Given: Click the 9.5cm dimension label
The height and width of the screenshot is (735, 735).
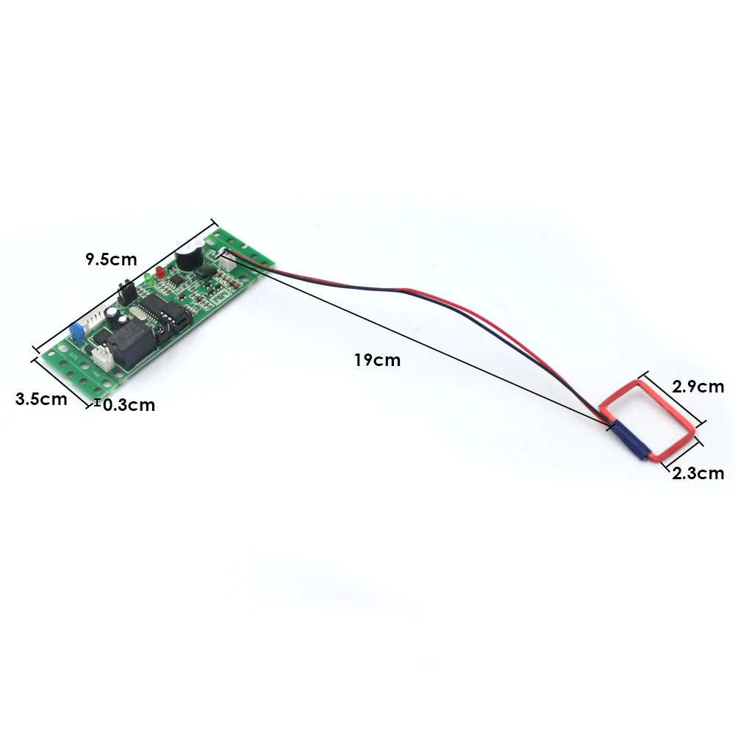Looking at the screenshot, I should click(111, 259).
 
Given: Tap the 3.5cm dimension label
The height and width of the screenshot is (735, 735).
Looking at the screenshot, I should click(41, 399).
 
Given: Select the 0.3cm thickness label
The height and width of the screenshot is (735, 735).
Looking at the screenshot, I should click(129, 404).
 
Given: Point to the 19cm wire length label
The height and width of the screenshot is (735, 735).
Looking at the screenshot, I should click(377, 360).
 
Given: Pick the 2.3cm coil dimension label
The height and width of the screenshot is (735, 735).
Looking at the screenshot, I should click(698, 473).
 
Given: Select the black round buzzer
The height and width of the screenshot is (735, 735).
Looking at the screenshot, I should click(187, 257).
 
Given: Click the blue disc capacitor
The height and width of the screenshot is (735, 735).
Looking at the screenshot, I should click(75, 333).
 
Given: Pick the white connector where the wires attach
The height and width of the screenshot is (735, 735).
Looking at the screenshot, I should click(223, 257).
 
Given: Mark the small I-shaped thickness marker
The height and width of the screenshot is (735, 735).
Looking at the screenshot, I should click(98, 402).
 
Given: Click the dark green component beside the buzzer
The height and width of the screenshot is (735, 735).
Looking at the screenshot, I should click(206, 270).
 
